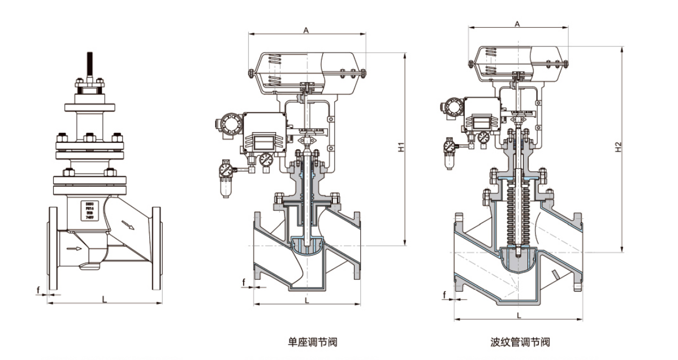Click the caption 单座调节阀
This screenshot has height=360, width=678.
[x=308, y=342]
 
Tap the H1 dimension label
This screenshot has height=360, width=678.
[x=400, y=149]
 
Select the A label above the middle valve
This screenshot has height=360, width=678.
[x=306, y=31]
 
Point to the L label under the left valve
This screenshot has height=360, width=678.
[x=105, y=298]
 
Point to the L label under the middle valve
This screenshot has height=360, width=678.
[x=306, y=300]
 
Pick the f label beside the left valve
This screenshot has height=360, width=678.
[x=38, y=291]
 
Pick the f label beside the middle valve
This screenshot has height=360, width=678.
[x=244, y=281]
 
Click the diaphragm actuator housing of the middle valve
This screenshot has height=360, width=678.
[x=306, y=70]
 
